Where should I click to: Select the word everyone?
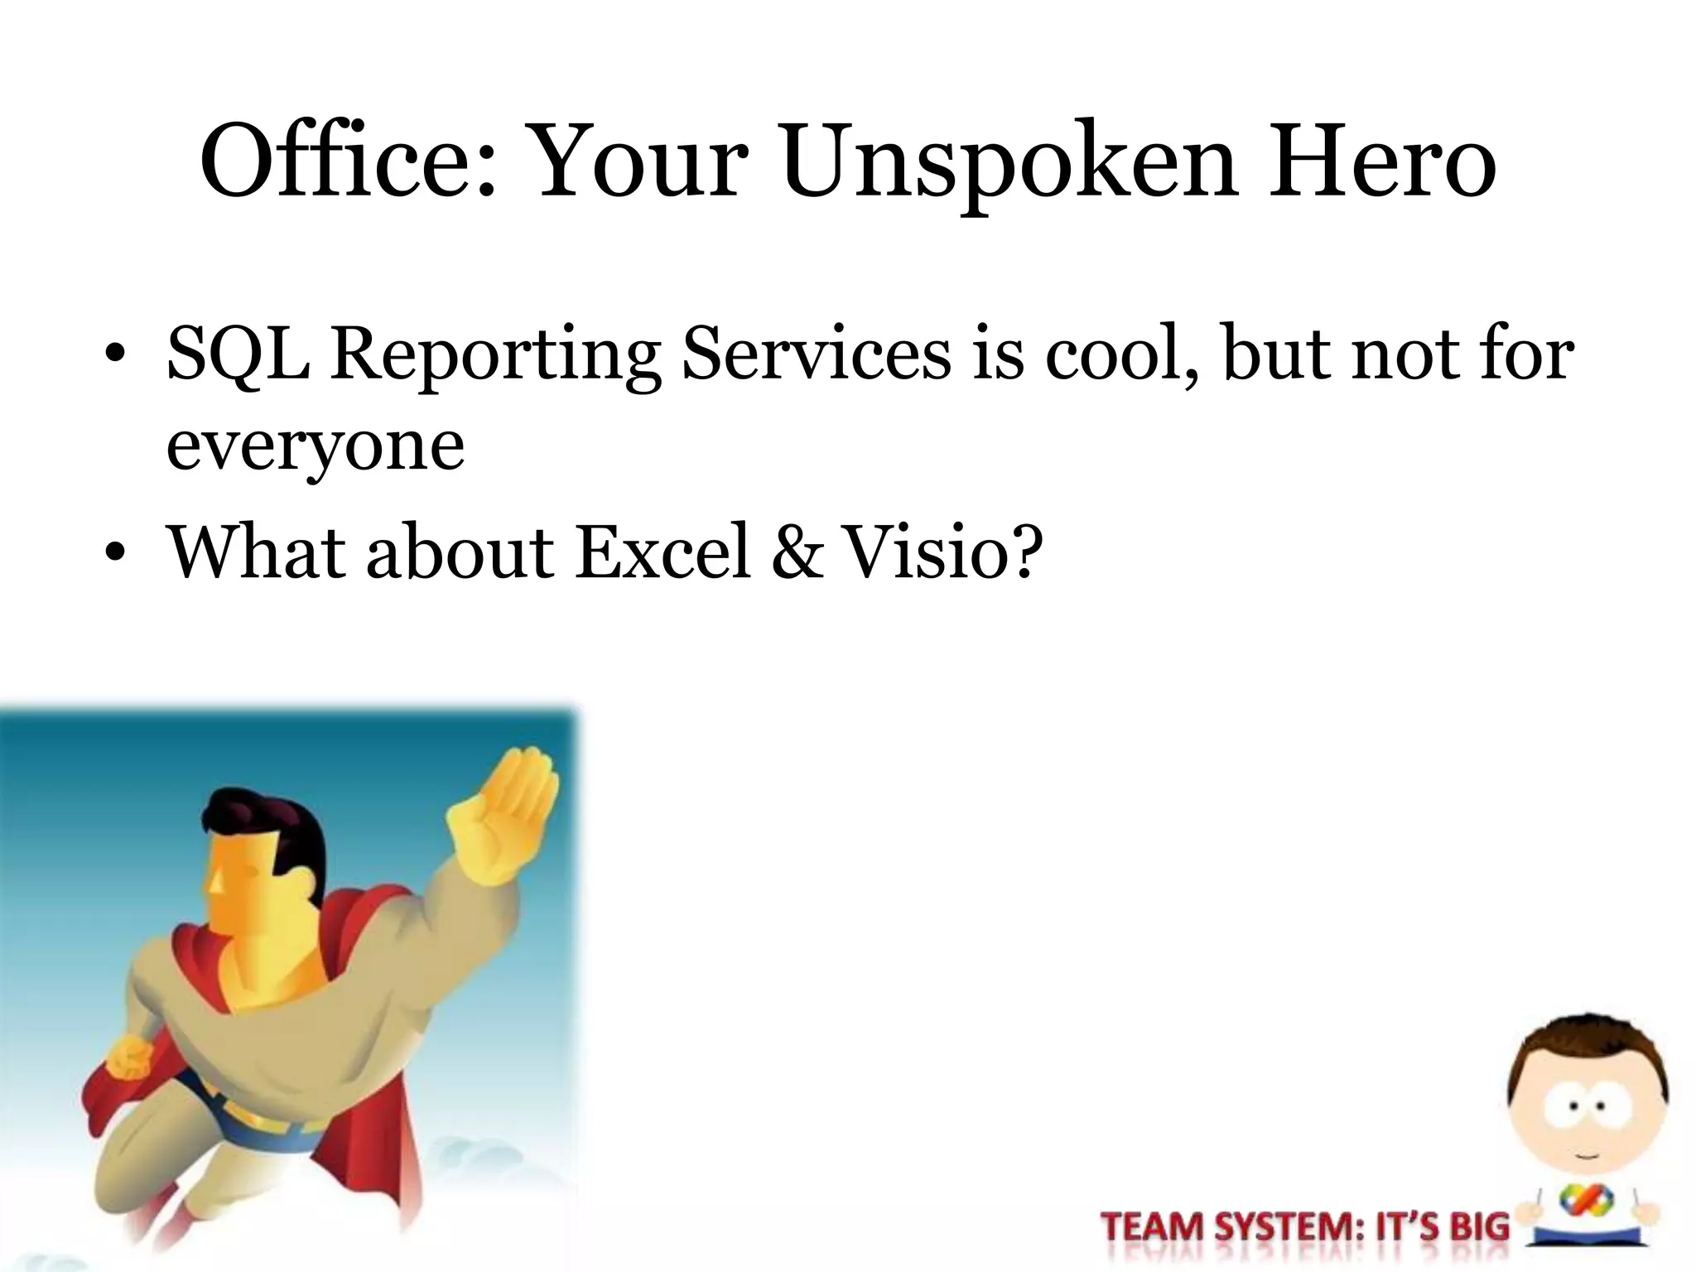[x=316, y=448]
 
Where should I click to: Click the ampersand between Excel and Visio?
[x=797, y=552]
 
